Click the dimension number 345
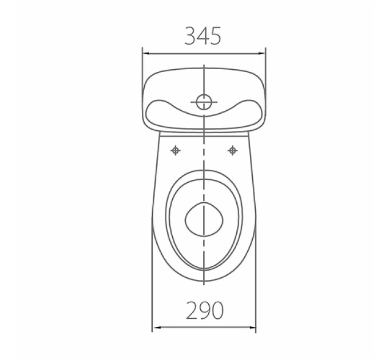[203, 36]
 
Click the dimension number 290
[205, 310]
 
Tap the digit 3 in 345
[190, 36]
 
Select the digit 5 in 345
[215, 37]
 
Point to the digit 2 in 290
[192, 310]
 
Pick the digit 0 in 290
[217, 310]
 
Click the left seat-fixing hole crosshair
[176, 150]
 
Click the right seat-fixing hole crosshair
[232, 150]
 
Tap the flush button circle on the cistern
[204, 102]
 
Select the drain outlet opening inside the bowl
[204, 219]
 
